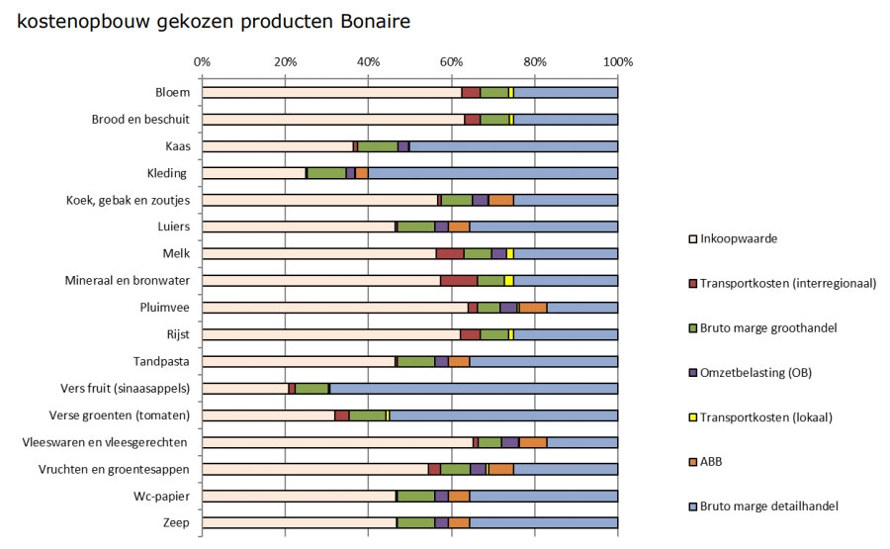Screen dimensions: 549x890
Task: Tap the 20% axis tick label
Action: coord(285,61)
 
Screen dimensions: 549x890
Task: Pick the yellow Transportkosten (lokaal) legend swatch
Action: coord(692,416)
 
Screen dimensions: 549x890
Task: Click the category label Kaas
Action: coord(177,146)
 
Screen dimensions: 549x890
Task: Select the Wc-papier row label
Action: coord(162,496)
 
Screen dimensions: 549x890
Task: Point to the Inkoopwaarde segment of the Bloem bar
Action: coord(331,92)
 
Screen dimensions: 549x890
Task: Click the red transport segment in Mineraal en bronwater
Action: coord(459,281)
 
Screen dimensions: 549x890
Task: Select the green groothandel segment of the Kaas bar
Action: coord(378,146)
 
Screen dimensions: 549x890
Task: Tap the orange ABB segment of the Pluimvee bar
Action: coord(533,308)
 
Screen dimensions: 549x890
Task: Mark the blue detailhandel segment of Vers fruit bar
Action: coord(474,388)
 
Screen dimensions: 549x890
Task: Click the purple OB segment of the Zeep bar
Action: coord(441,522)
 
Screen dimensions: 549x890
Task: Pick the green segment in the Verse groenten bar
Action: coord(367,415)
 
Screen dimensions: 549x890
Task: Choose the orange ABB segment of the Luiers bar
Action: coord(459,227)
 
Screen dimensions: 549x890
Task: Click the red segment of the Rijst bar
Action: coord(471,334)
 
